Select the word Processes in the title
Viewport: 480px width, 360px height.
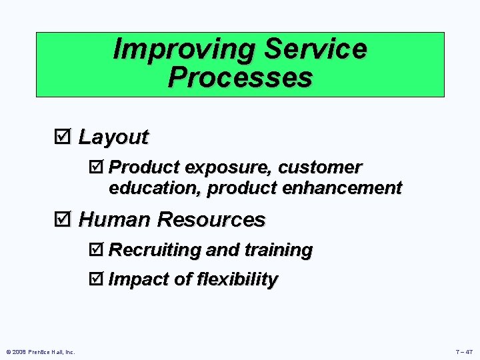240,77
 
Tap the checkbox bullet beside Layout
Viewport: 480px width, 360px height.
67,137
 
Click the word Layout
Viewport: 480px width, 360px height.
113,137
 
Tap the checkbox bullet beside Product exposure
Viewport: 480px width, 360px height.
97,167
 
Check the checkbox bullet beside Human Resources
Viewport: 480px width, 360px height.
67,219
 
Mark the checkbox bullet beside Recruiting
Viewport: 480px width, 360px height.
97,250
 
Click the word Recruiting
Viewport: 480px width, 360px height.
155,250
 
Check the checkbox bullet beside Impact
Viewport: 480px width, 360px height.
97,279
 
